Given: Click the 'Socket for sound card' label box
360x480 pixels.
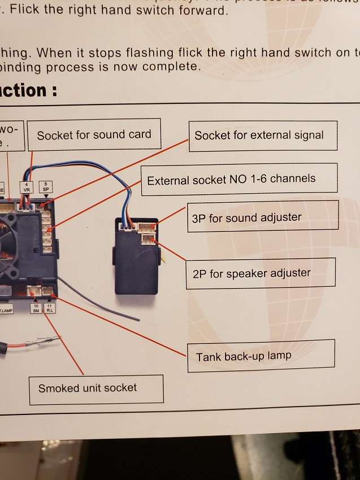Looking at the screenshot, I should point(94,134).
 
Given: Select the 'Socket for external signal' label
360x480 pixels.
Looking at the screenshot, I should point(259,136).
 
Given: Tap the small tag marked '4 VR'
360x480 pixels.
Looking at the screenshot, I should point(26,187).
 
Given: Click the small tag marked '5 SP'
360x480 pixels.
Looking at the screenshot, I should point(45,187).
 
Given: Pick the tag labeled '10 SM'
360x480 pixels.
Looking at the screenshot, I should point(36,308).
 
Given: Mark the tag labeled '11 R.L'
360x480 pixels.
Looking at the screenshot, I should point(50,308).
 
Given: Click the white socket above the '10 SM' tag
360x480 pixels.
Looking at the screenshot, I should point(33,292).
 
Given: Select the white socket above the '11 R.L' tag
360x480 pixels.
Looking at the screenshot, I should point(49,292).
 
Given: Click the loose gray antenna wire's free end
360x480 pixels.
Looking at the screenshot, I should point(139,320).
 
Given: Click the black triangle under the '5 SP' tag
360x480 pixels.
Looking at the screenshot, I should point(46,197).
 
